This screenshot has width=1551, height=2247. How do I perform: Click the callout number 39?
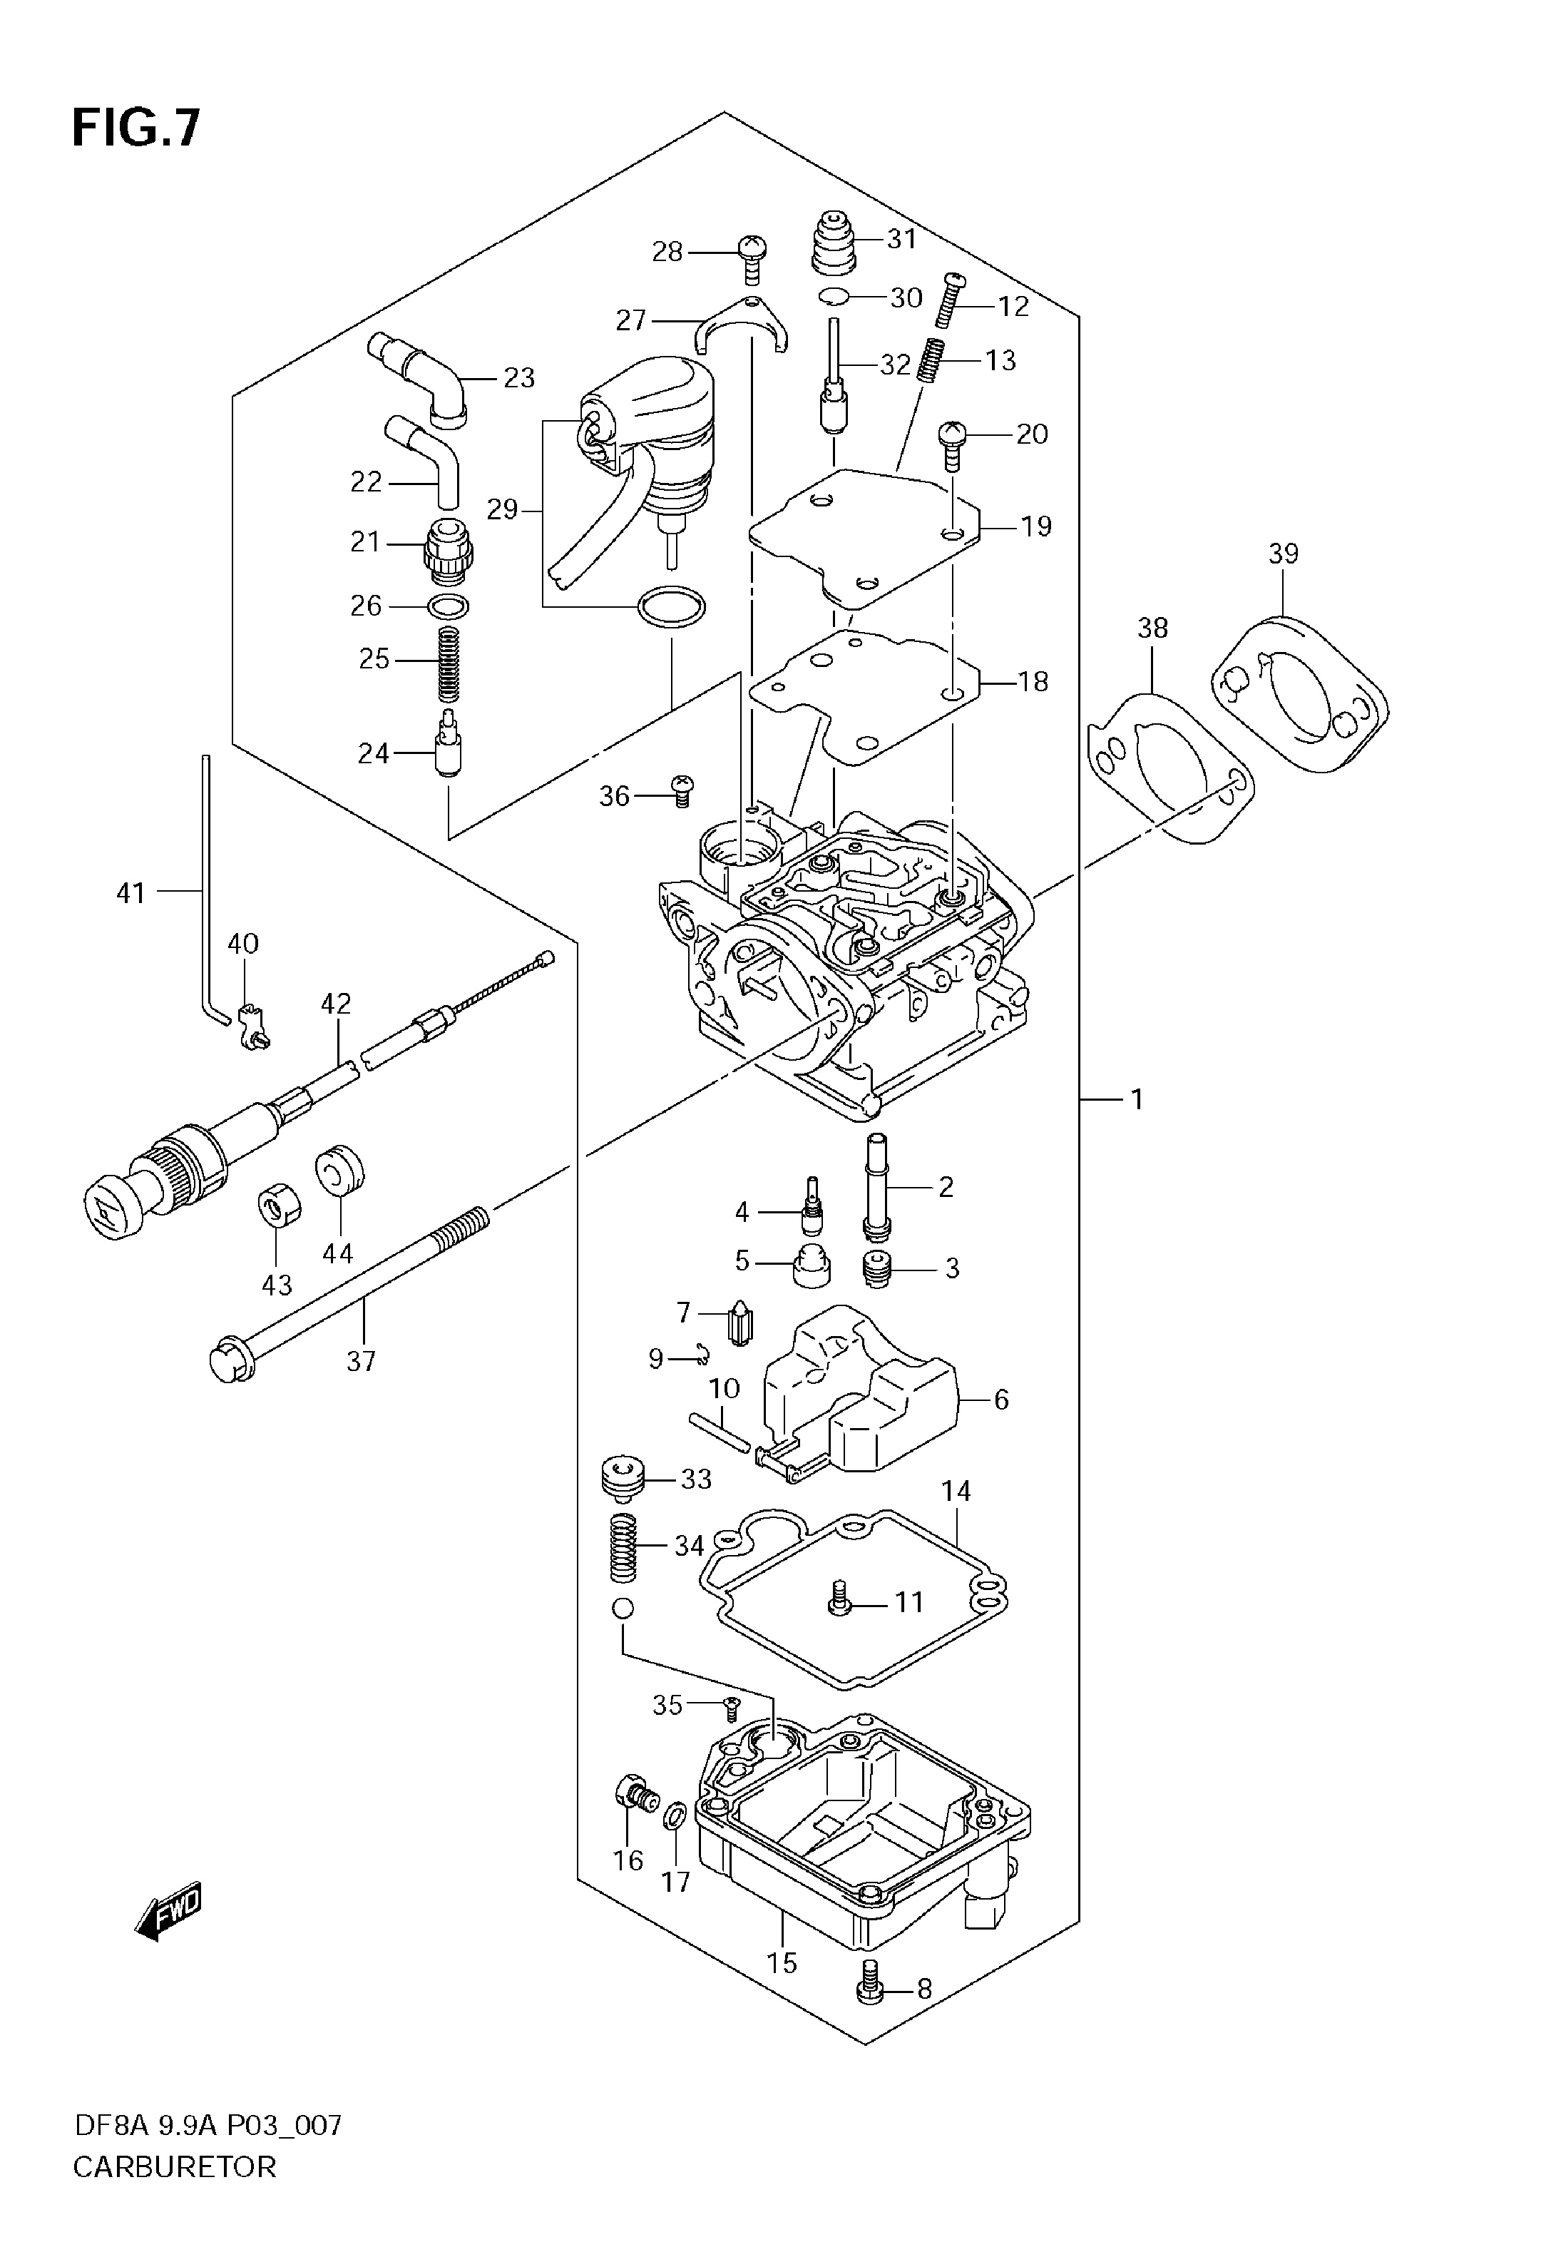click(1283, 554)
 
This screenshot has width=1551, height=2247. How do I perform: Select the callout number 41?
click(130, 892)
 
